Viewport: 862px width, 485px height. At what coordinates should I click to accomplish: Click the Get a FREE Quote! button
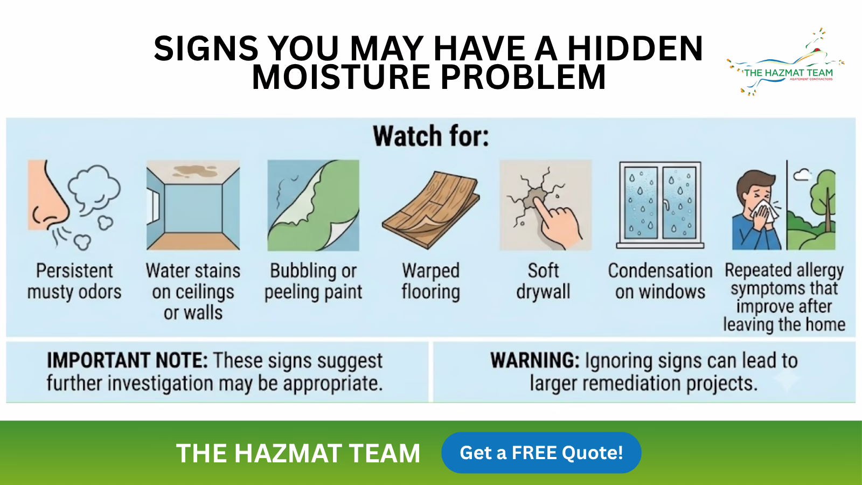pyautogui.click(x=541, y=453)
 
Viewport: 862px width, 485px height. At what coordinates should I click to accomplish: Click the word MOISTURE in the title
pyautogui.click(x=341, y=77)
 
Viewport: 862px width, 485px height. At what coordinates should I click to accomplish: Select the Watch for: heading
pyautogui.click(x=430, y=136)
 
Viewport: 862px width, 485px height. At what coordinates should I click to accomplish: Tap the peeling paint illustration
pyautogui.click(x=313, y=205)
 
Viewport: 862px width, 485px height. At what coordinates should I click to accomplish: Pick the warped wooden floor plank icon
pyautogui.click(x=430, y=210)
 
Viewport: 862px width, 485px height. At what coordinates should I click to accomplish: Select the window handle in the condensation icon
pyautogui.click(x=666, y=205)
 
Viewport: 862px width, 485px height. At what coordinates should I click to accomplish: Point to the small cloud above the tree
pyautogui.click(x=802, y=175)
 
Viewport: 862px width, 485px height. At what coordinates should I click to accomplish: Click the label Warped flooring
pyautogui.click(x=430, y=281)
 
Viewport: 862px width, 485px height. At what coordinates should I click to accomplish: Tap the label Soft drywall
pyautogui.click(x=543, y=281)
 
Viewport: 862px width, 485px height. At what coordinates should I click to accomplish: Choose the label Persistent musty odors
pyautogui.click(x=74, y=281)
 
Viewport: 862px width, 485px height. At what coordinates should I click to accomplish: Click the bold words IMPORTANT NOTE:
pyautogui.click(x=127, y=361)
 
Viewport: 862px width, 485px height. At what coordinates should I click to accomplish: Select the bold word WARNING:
pyautogui.click(x=535, y=361)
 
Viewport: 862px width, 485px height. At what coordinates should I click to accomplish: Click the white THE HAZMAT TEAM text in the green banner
pyautogui.click(x=298, y=453)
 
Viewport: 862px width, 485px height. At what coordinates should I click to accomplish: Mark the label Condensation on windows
pyautogui.click(x=661, y=281)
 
